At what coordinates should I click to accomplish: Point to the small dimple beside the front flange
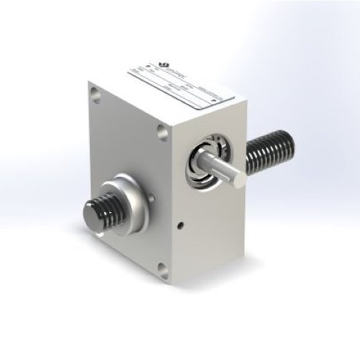click(152, 197)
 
